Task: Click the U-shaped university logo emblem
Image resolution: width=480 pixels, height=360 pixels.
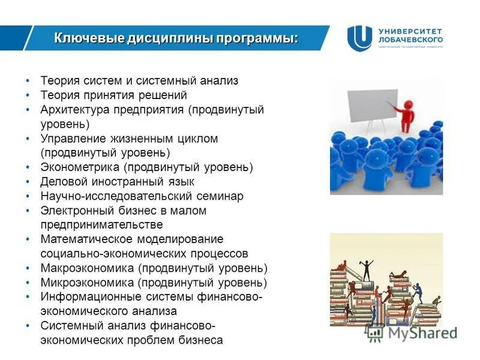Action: tap(359, 37)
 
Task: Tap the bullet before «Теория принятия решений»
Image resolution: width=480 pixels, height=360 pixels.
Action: tap(28, 95)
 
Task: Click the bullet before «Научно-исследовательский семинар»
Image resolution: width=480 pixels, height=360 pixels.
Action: tap(28, 196)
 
